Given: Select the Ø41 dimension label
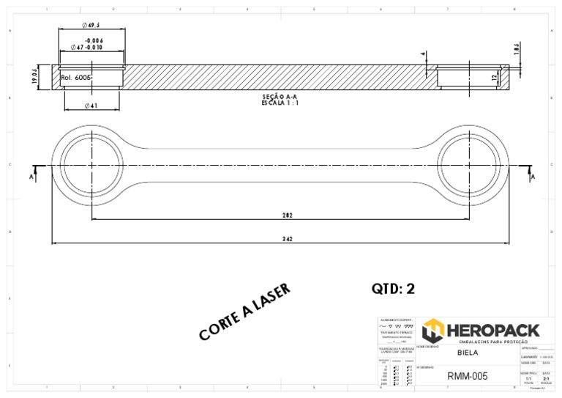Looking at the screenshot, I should (91, 106).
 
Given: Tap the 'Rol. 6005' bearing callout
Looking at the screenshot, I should (76, 77).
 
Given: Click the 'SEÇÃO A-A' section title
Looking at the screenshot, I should (280, 97).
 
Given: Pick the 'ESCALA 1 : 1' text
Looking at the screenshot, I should (280, 103).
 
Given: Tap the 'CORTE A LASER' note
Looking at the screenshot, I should (244, 312).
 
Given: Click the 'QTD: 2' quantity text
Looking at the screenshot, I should (393, 289).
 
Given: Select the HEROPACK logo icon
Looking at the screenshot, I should (432, 331).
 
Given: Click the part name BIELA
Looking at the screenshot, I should (467, 353).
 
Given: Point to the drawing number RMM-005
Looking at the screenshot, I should (467, 377).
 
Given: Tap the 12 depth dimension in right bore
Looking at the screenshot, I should (495, 77).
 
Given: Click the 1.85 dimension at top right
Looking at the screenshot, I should (516, 48).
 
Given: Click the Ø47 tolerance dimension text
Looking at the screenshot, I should (87, 47).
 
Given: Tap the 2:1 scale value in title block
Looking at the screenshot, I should (546, 379).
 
